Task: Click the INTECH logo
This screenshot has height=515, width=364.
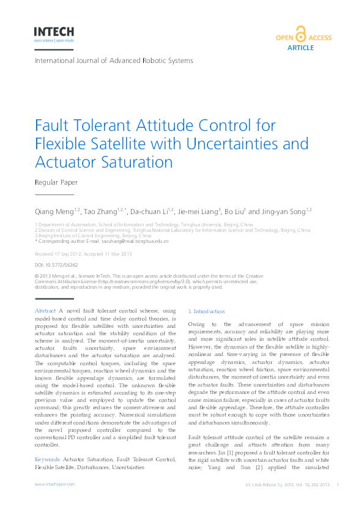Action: pyautogui.click(x=54, y=32)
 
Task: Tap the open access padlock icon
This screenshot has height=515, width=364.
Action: pyautogui.click(x=300, y=34)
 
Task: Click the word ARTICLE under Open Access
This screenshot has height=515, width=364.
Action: pyautogui.click(x=300, y=47)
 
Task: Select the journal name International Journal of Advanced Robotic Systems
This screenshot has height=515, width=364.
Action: pyautogui.click(x=114, y=61)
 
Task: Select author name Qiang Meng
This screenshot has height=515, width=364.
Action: pyautogui.click(x=53, y=211)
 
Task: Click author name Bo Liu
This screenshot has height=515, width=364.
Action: pyautogui.click(x=234, y=211)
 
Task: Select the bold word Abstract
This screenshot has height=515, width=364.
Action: pyautogui.click(x=46, y=311)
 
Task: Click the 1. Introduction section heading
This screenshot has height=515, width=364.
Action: pyautogui.click(x=207, y=311)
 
